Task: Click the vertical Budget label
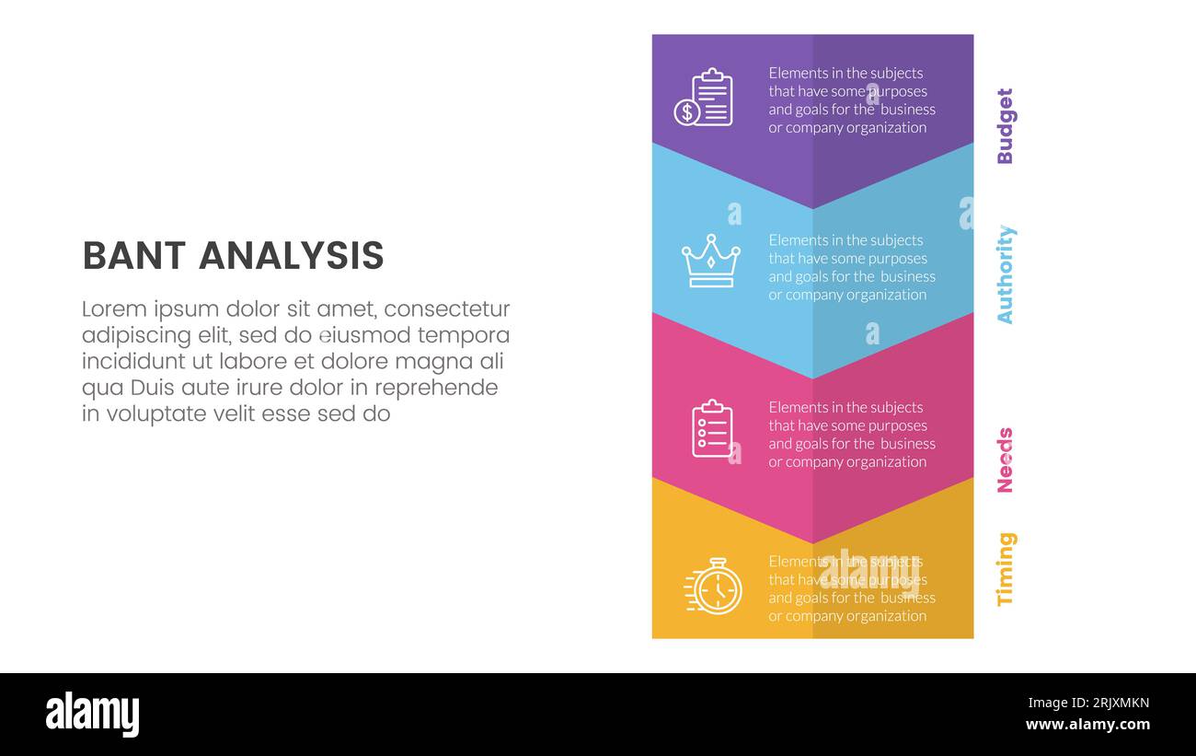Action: [1005, 126]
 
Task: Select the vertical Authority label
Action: [1005, 274]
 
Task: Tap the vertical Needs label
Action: [1005, 460]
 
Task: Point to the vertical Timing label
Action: [1005, 569]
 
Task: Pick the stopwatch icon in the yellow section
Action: [715, 587]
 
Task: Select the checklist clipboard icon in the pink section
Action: [712, 429]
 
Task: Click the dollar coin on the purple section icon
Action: [686, 112]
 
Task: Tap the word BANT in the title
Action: [134, 256]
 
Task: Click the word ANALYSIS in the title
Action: [292, 256]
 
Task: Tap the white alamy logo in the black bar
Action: [93, 715]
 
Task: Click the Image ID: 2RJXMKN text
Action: [1088, 704]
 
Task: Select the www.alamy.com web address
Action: [1087, 725]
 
